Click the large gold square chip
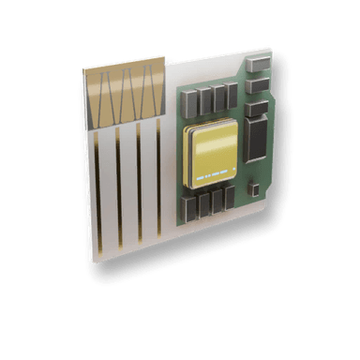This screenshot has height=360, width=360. click(x=215, y=154)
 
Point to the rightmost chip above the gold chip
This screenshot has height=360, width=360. click(x=232, y=93)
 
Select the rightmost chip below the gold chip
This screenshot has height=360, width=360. click(x=230, y=197)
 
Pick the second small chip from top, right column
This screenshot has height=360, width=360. click(x=259, y=86)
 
